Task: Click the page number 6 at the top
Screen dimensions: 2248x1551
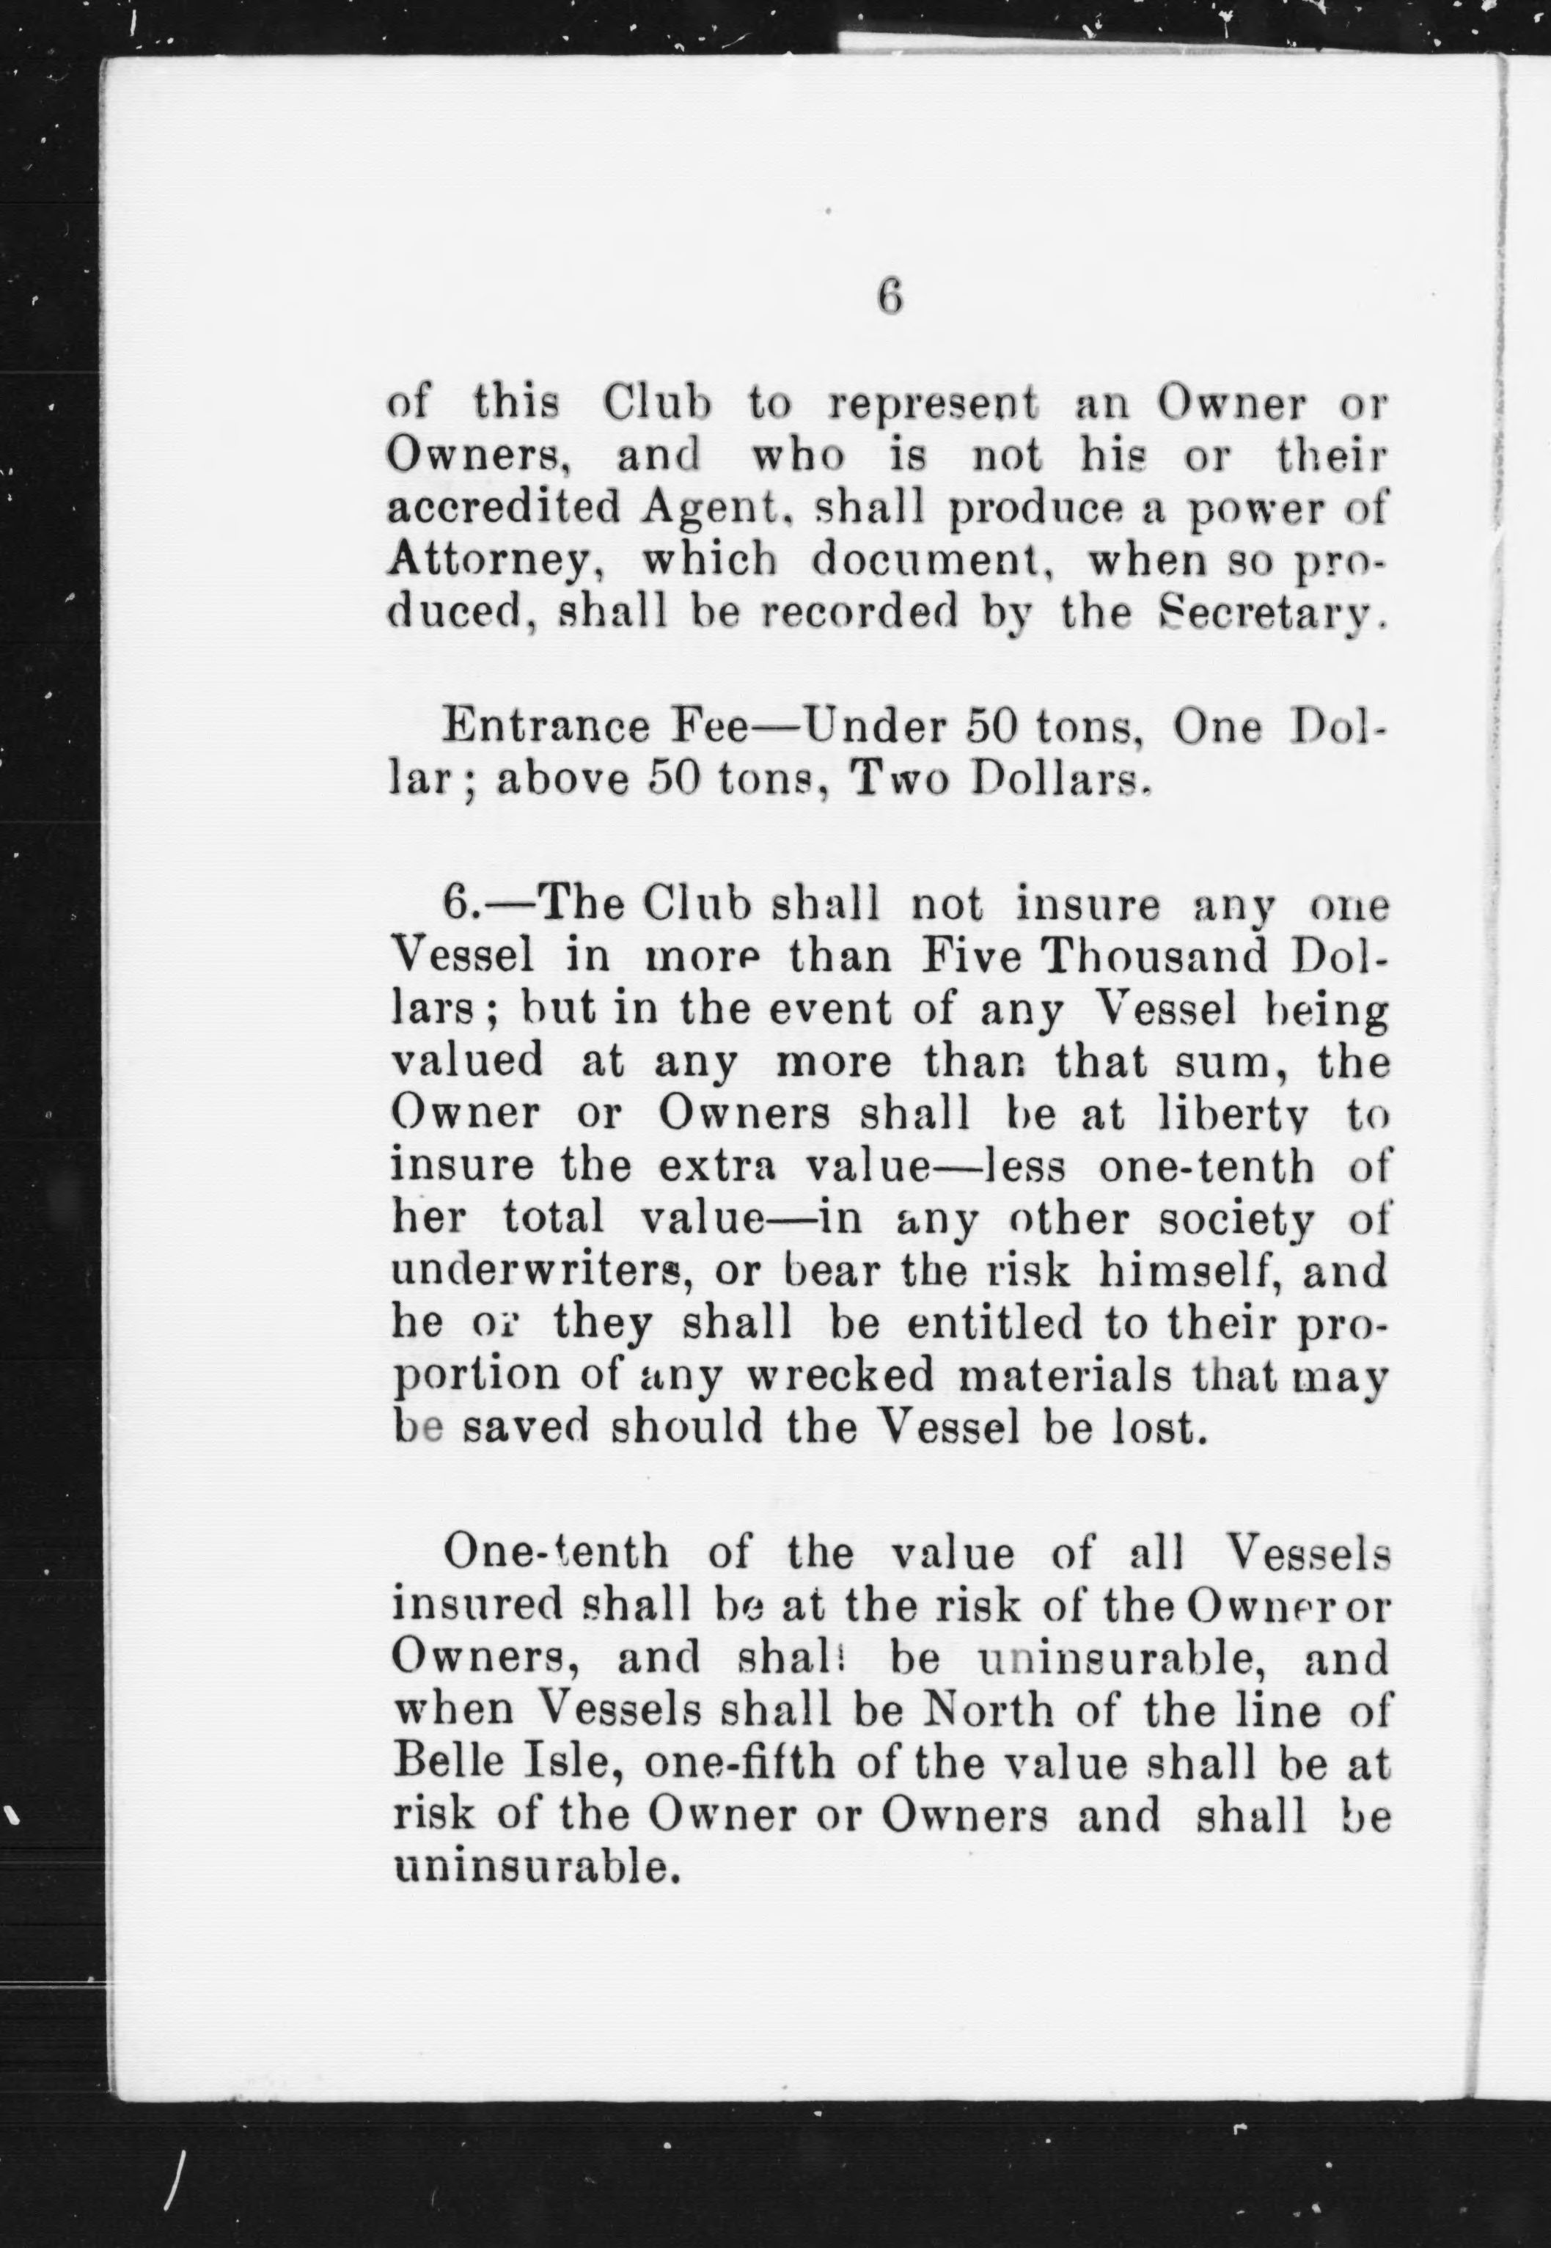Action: (890, 296)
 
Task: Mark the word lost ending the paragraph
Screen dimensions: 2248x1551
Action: (1162, 1428)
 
